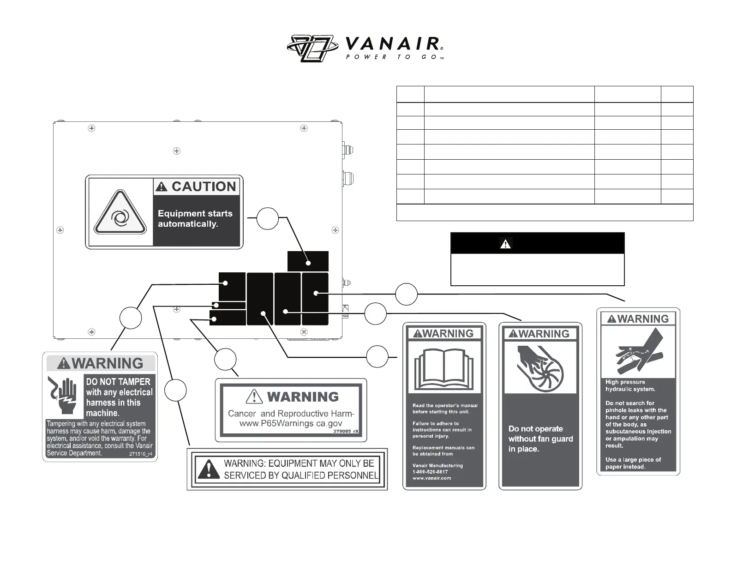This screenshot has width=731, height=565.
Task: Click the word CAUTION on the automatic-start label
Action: pyautogui.click(x=203, y=186)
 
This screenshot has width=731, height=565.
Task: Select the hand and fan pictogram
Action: pyautogui.click(x=540, y=367)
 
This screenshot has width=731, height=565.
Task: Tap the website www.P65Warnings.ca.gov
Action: pyautogui.click(x=291, y=424)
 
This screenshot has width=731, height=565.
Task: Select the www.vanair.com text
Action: pyautogui.click(x=431, y=478)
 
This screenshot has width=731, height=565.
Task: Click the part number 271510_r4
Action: pyautogui.click(x=141, y=454)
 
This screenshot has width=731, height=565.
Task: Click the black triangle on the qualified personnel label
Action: pyautogui.click(x=209, y=469)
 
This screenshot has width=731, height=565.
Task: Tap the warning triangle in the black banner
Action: pyautogui.click(x=505, y=244)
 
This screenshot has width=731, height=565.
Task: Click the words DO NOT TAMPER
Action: pyautogui.click(x=118, y=382)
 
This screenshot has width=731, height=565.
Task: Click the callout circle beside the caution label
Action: pyautogui.click(x=267, y=218)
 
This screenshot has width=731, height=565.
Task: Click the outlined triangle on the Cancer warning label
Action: pyautogui.click(x=254, y=397)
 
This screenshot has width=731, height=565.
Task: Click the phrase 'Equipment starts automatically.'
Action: pyautogui.click(x=195, y=219)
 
